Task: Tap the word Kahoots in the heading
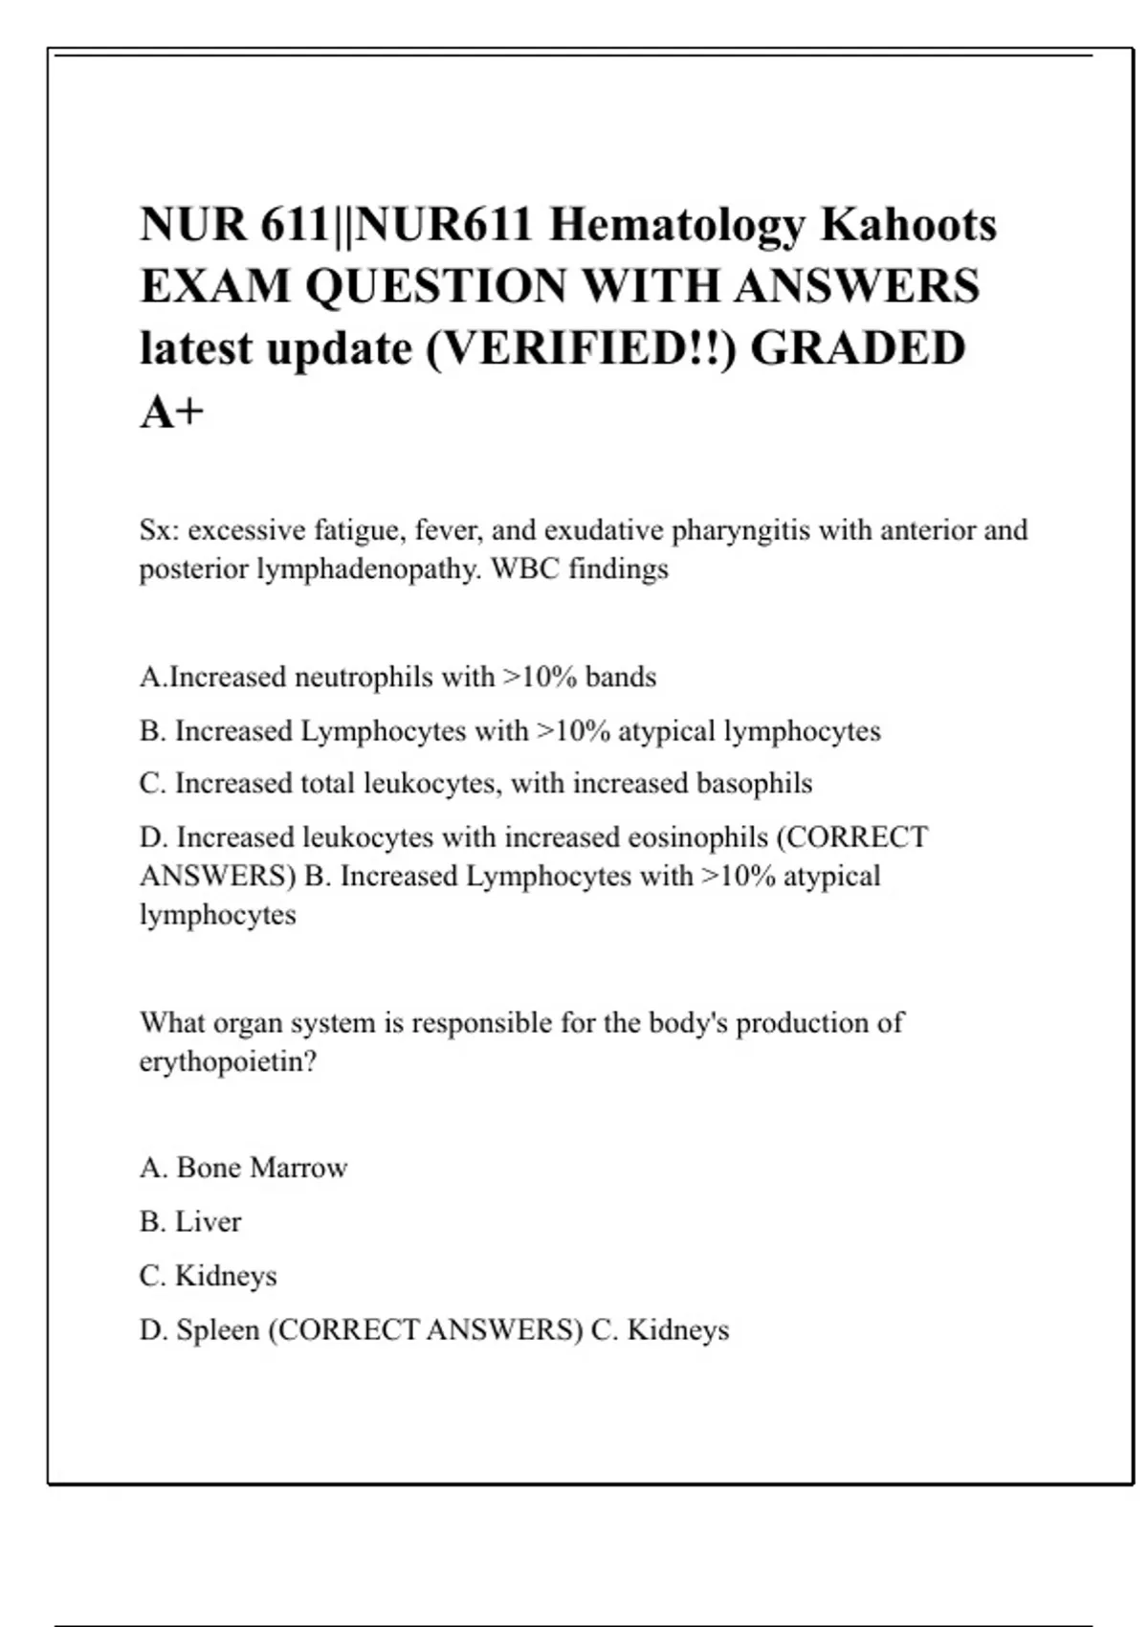tap(909, 225)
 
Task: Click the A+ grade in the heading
tap(172, 412)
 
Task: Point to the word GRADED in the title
tap(857, 348)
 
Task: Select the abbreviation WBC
tap(524, 569)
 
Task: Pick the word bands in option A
tap(621, 678)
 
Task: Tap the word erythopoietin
tap(227, 1062)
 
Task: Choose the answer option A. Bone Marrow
tap(243, 1168)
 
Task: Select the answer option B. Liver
tap(190, 1222)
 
